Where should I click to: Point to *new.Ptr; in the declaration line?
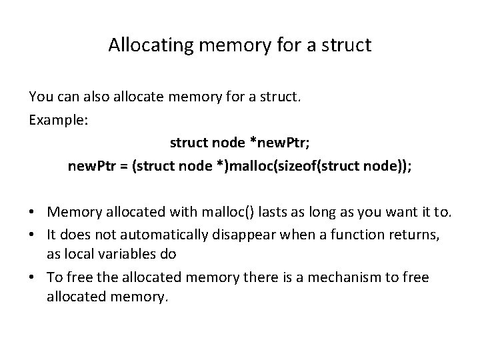click(x=275, y=143)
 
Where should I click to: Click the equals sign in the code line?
click(x=124, y=165)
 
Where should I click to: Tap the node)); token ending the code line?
click(x=388, y=165)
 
